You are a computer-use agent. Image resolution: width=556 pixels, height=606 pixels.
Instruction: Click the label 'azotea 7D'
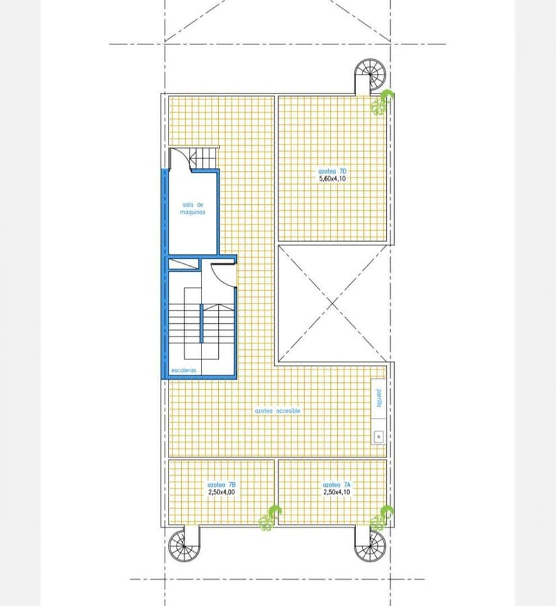[332, 171]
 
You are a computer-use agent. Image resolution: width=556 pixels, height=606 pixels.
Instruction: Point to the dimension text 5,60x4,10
[332, 179]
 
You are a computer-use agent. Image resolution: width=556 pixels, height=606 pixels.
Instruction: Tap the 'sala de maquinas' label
[193, 208]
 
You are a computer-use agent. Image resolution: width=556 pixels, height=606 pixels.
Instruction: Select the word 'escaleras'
[183, 370]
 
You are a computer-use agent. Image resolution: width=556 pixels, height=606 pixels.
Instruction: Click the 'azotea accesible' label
[277, 410]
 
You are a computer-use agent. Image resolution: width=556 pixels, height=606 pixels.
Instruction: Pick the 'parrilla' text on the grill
[379, 398]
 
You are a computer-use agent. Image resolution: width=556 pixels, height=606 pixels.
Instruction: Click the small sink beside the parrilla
[379, 437]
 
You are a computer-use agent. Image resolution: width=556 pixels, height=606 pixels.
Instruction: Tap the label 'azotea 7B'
[222, 484]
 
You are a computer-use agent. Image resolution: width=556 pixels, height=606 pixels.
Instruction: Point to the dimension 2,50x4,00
[222, 492]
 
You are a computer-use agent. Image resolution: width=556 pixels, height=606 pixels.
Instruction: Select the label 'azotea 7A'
[337, 484]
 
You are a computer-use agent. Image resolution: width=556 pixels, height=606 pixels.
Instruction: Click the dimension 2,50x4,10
[336, 492]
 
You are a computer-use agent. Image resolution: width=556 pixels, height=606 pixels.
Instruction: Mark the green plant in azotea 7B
[270, 518]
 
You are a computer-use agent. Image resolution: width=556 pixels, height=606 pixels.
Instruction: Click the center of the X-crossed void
[332, 304]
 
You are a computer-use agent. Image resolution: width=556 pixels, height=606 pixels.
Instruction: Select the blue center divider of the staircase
[201, 323]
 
